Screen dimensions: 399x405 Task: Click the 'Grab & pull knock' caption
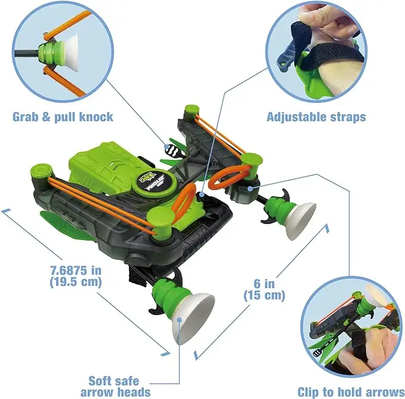[63, 116]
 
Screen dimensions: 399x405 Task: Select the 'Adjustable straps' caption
[316, 116]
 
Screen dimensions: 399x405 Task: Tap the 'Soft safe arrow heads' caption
[116, 385]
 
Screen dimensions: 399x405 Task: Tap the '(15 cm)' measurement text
[264, 295]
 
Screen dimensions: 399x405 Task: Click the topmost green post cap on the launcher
[191, 110]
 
